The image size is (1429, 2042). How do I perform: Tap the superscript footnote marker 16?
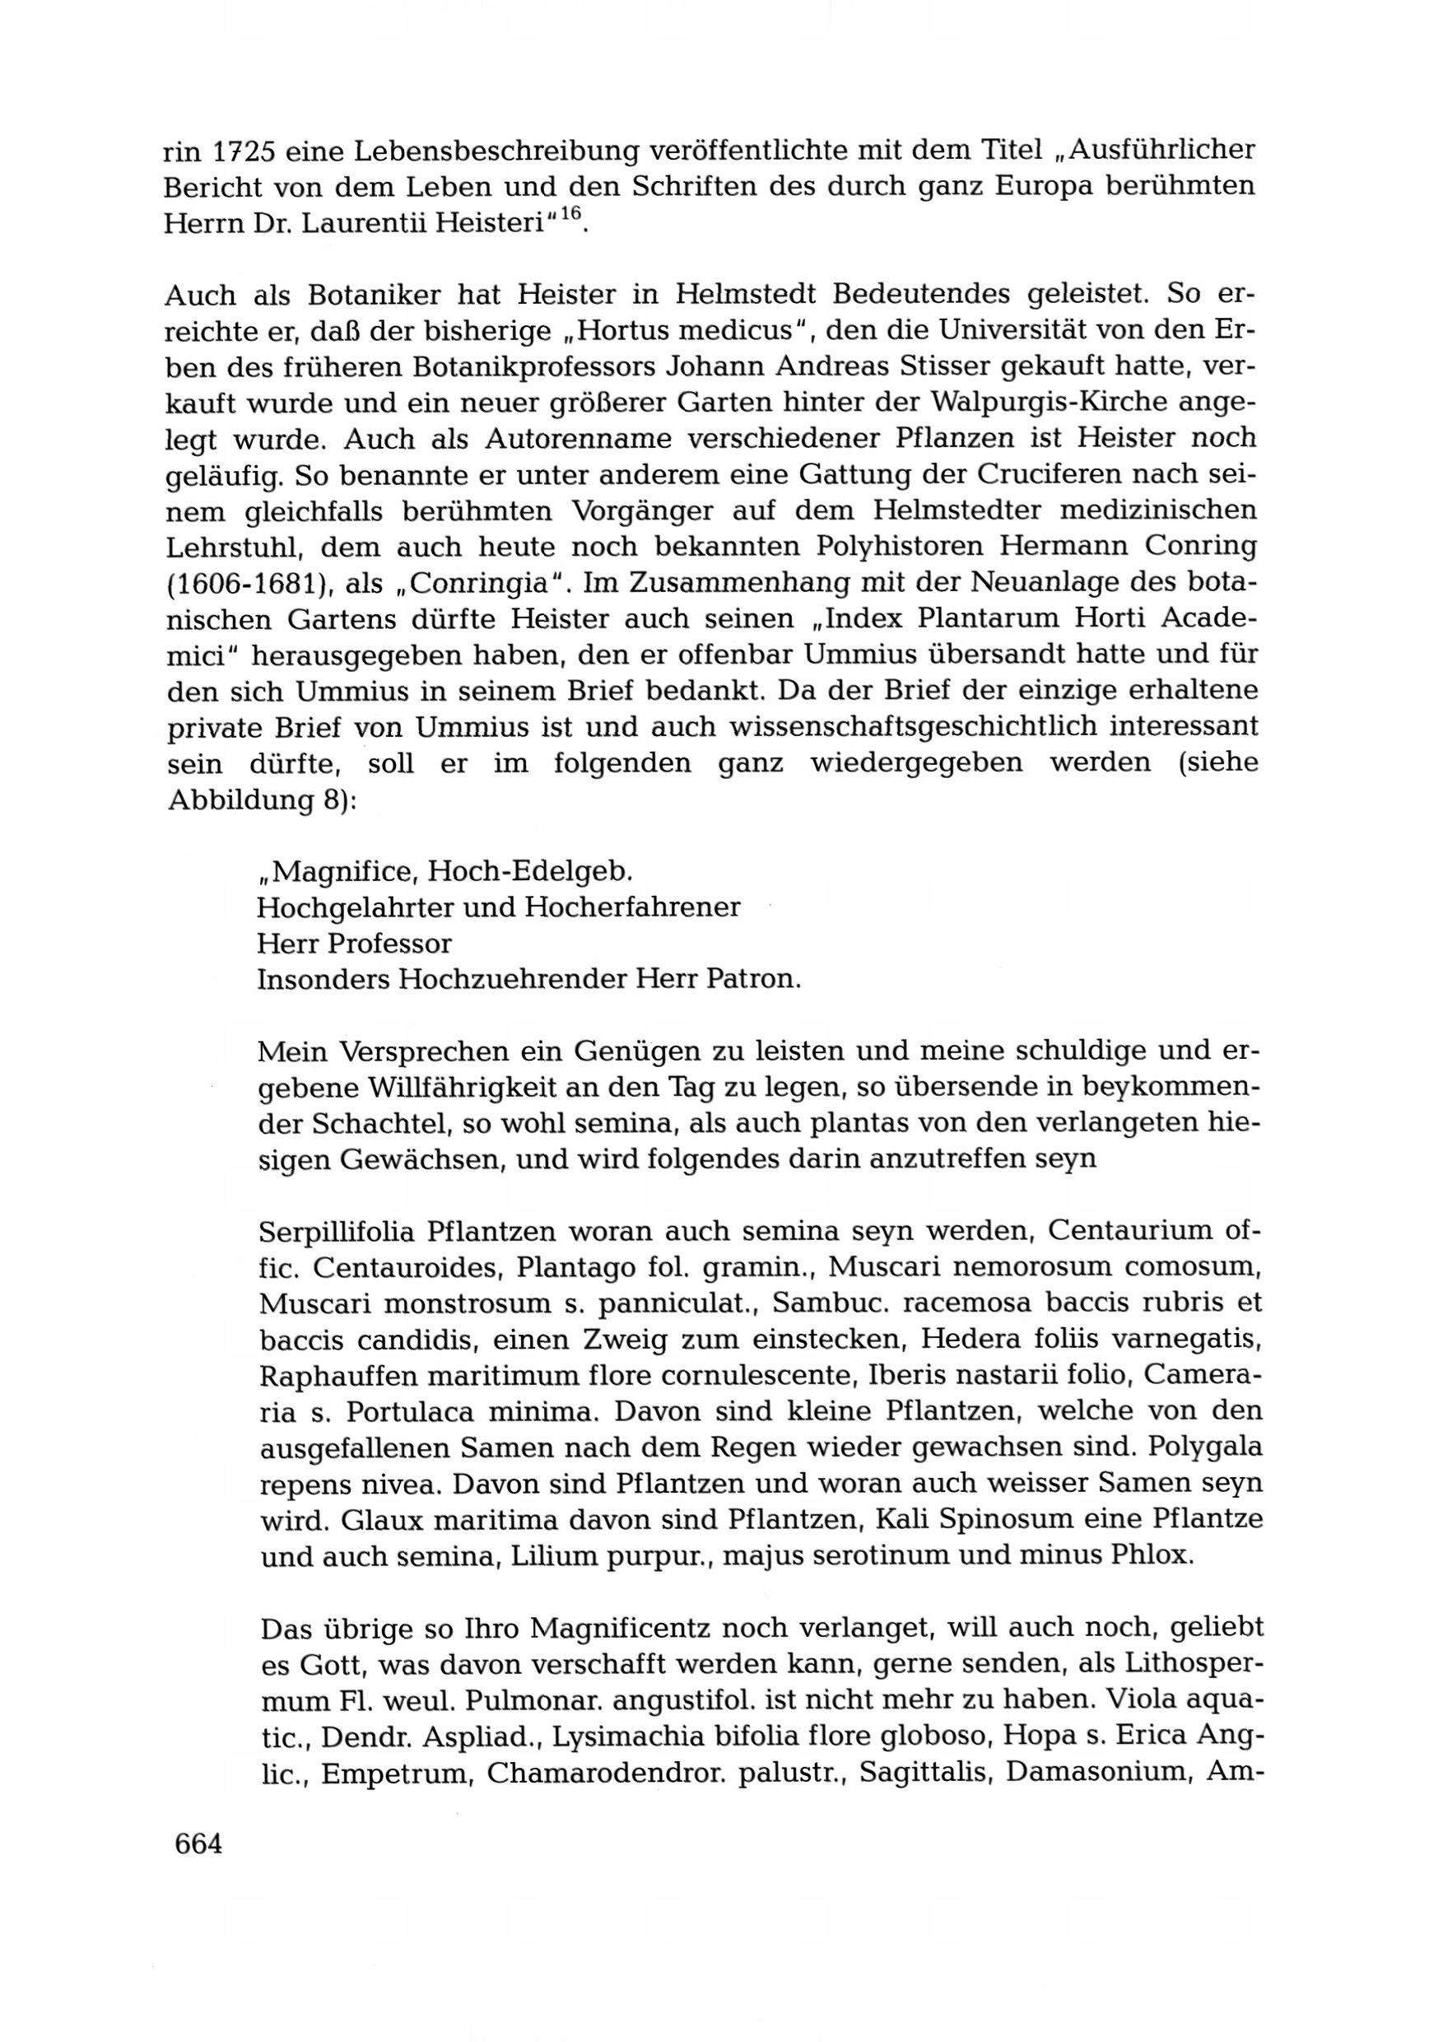[570, 214]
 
